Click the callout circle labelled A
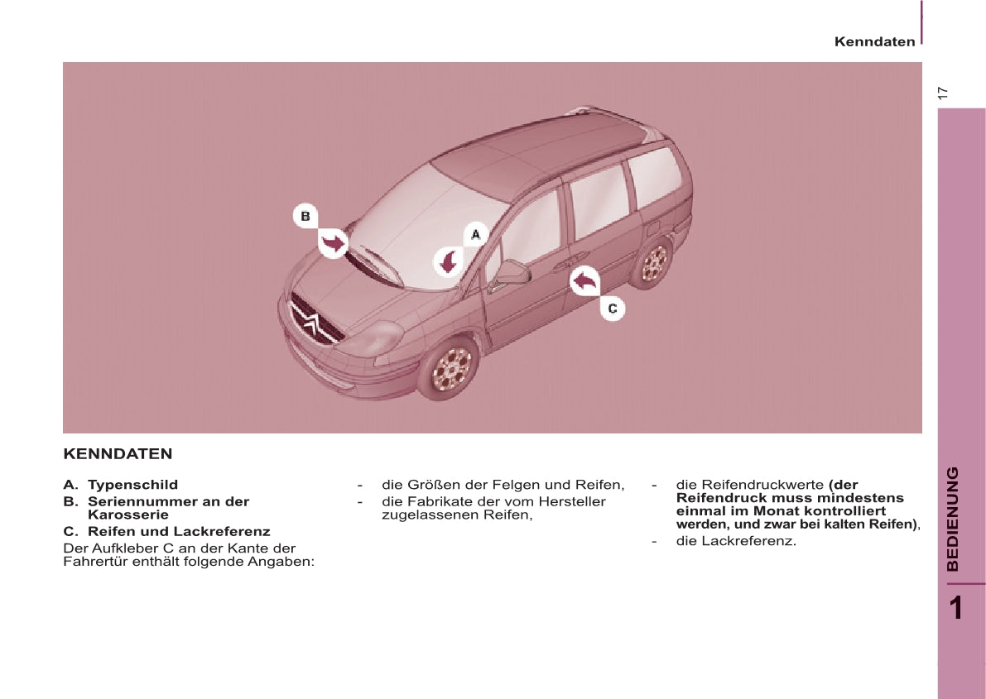(475, 235)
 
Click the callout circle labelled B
(305, 217)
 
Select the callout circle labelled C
(613, 309)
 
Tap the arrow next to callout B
(334, 243)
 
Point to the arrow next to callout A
(449, 262)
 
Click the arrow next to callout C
(584, 281)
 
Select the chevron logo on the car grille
(311, 323)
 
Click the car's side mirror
(511, 272)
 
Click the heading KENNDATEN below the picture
(118, 454)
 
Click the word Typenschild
(132, 485)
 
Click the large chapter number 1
(956, 608)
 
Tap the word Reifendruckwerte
(749, 485)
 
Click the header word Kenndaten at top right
(874, 41)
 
